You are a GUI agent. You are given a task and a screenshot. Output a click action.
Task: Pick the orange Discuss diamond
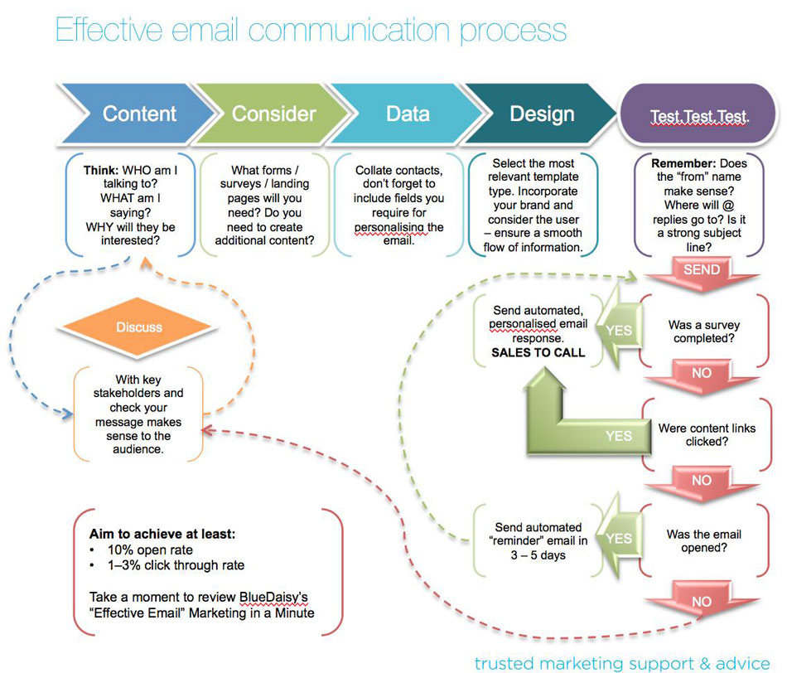[139, 327]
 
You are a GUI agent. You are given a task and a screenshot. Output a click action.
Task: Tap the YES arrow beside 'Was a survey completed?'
[617, 330]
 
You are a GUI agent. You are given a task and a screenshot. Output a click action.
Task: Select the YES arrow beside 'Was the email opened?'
[617, 538]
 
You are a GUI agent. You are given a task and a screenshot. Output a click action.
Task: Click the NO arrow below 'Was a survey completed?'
[701, 374]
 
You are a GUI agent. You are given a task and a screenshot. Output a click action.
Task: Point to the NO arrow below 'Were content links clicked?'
[701, 481]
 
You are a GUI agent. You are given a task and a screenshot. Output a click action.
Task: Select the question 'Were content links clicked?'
[707, 435]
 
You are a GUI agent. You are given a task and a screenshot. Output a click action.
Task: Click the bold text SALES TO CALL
[538, 352]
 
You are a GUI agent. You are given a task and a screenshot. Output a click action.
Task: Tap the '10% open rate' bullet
[150, 550]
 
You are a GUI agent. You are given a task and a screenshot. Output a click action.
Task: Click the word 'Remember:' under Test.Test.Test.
[682, 164]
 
